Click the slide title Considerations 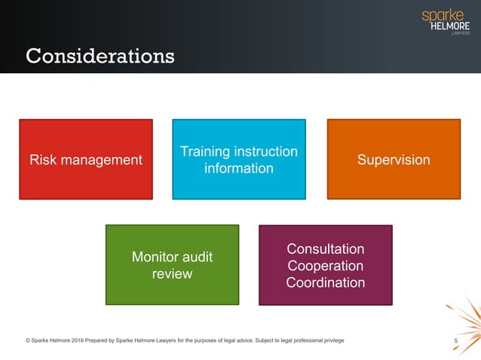[100, 56]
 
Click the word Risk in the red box [43, 160]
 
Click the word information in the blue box [239, 168]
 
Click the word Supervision [393, 160]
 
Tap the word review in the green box [172, 273]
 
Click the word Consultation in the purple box [326, 249]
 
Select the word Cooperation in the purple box [326, 266]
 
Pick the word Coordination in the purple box [326, 283]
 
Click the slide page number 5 [456, 342]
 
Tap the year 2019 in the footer [87, 341]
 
